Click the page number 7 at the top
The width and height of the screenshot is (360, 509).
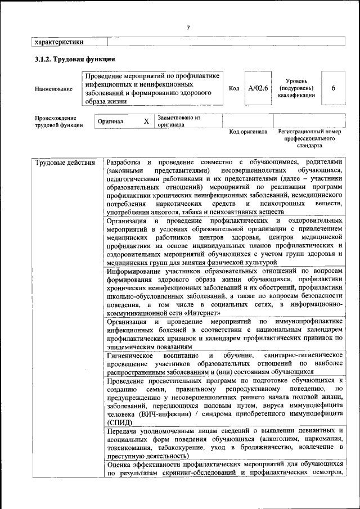[x=188, y=28]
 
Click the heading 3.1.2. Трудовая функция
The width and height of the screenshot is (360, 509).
[x=75, y=58]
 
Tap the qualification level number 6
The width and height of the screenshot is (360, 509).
[x=334, y=88]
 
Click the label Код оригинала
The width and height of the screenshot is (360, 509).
[x=248, y=133]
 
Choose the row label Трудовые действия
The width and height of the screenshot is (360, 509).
[x=65, y=164]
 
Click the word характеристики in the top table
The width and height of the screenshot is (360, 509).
[x=59, y=41]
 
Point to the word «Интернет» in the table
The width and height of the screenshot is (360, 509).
[x=202, y=313]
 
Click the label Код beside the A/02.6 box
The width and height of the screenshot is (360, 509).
[x=234, y=88]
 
